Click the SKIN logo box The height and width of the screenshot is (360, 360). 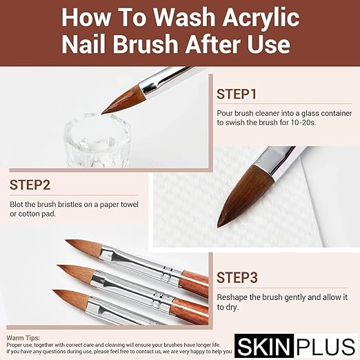(x=275, y=343)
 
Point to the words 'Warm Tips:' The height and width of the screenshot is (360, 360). (x=23, y=319)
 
